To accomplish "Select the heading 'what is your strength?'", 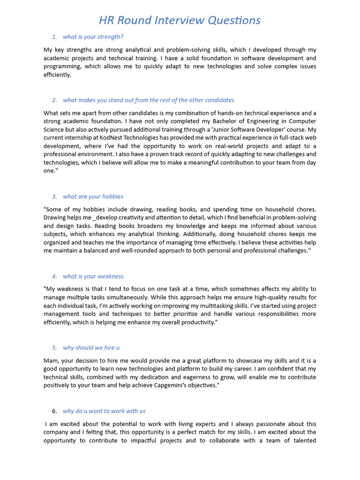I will [x=93, y=37].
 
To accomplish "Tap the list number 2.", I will [x=54, y=100].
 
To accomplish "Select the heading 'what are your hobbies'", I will [x=93, y=196].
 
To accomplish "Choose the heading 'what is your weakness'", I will [x=93, y=276].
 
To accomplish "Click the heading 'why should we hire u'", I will [x=91, y=347].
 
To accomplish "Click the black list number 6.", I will [x=54, y=411].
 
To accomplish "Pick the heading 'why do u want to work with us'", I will [x=104, y=411].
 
